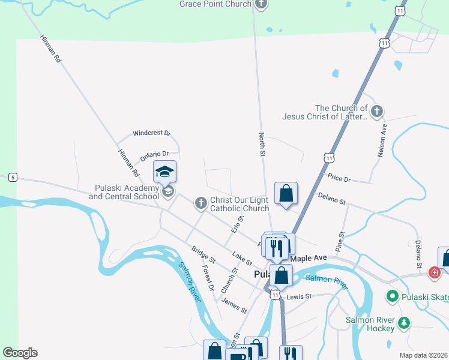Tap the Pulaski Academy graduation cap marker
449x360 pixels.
pos(164,172)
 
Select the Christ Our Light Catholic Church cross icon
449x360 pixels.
pos(201,204)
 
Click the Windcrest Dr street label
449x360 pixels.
pos(152,133)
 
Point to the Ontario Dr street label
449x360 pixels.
pos(154,155)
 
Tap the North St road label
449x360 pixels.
pos(262,145)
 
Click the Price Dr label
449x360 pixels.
pos(339,178)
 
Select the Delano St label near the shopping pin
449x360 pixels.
pos(332,198)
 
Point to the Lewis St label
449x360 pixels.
pos(300,296)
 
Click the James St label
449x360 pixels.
pos(234,305)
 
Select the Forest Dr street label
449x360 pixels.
pos(208,278)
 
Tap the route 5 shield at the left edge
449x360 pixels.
pos(12,178)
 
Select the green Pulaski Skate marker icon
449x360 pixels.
pos(393,296)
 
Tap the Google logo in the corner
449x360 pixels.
pos(20,353)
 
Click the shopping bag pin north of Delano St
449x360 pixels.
pos(286,194)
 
